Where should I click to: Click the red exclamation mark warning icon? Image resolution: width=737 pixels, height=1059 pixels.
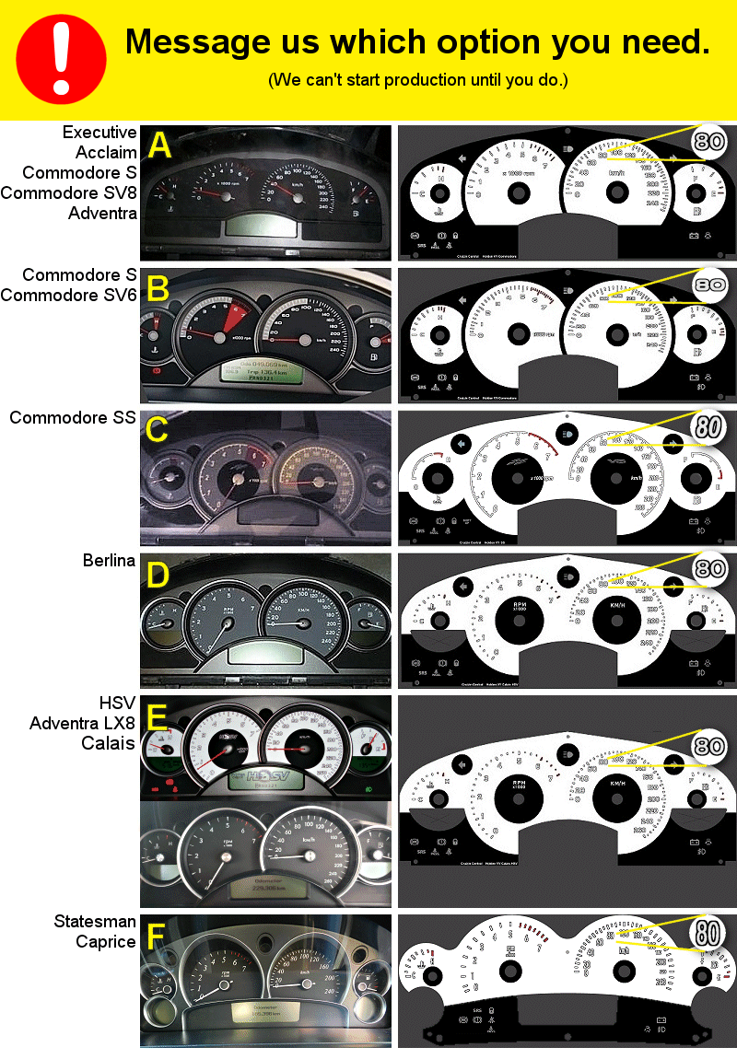61,60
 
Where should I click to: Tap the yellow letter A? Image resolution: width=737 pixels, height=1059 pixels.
159,146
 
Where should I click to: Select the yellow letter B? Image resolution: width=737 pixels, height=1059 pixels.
159,289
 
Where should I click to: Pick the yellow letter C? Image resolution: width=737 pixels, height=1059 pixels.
158,431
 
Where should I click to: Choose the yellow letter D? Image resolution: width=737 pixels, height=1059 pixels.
158,576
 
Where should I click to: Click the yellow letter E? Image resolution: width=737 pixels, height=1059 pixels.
158,717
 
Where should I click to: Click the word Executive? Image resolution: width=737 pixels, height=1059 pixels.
99,132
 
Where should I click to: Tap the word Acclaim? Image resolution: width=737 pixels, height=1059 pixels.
106,152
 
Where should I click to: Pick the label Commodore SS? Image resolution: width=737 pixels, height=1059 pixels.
73,417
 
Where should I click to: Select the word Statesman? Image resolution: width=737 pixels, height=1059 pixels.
95,922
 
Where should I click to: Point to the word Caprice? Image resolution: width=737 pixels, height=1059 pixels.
106,941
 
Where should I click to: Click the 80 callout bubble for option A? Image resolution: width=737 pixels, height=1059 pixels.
709,142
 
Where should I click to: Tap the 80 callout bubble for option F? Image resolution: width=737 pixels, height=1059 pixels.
709,931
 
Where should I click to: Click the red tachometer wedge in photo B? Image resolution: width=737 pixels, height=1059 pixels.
230,318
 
